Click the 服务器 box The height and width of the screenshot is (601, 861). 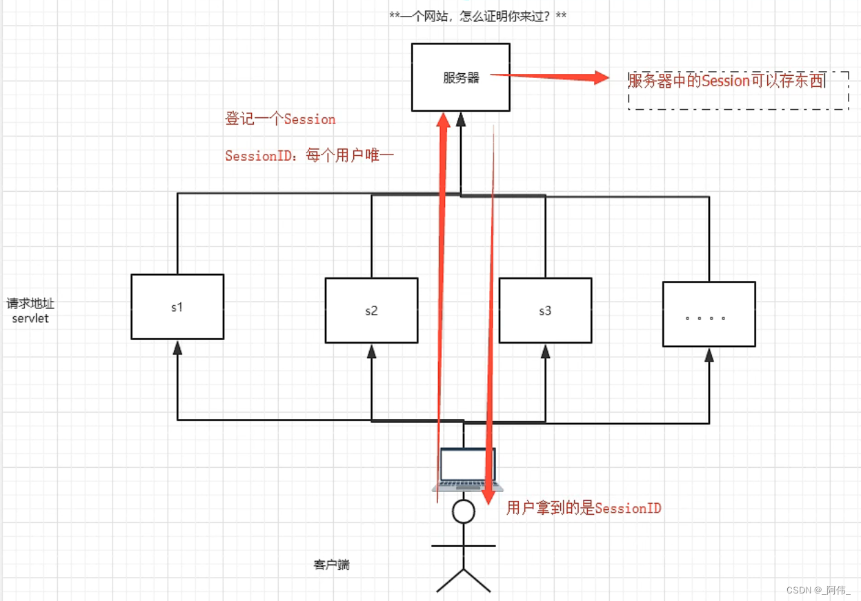tap(460, 77)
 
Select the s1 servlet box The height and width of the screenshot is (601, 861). tap(177, 307)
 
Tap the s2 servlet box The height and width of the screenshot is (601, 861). tap(371, 311)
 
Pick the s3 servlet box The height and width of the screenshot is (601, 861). tap(545, 311)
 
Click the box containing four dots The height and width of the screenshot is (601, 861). tap(709, 314)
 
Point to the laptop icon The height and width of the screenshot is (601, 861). tap(464, 469)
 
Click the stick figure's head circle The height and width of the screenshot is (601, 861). tap(463, 512)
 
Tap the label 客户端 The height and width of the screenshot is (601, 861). tap(331, 565)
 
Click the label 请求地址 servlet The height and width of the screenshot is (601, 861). tap(30, 311)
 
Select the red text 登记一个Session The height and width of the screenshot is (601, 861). tap(280, 119)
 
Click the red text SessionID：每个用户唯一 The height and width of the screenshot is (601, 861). tap(309, 156)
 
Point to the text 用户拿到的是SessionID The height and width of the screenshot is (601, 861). tap(584, 509)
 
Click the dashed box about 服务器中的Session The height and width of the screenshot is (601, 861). tap(738, 90)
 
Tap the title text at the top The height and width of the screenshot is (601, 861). tap(477, 16)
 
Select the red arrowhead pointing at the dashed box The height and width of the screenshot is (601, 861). tap(597, 77)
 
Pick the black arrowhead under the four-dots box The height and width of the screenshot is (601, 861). tap(709, 355)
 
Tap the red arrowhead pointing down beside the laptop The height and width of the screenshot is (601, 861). tap(488, 495)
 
